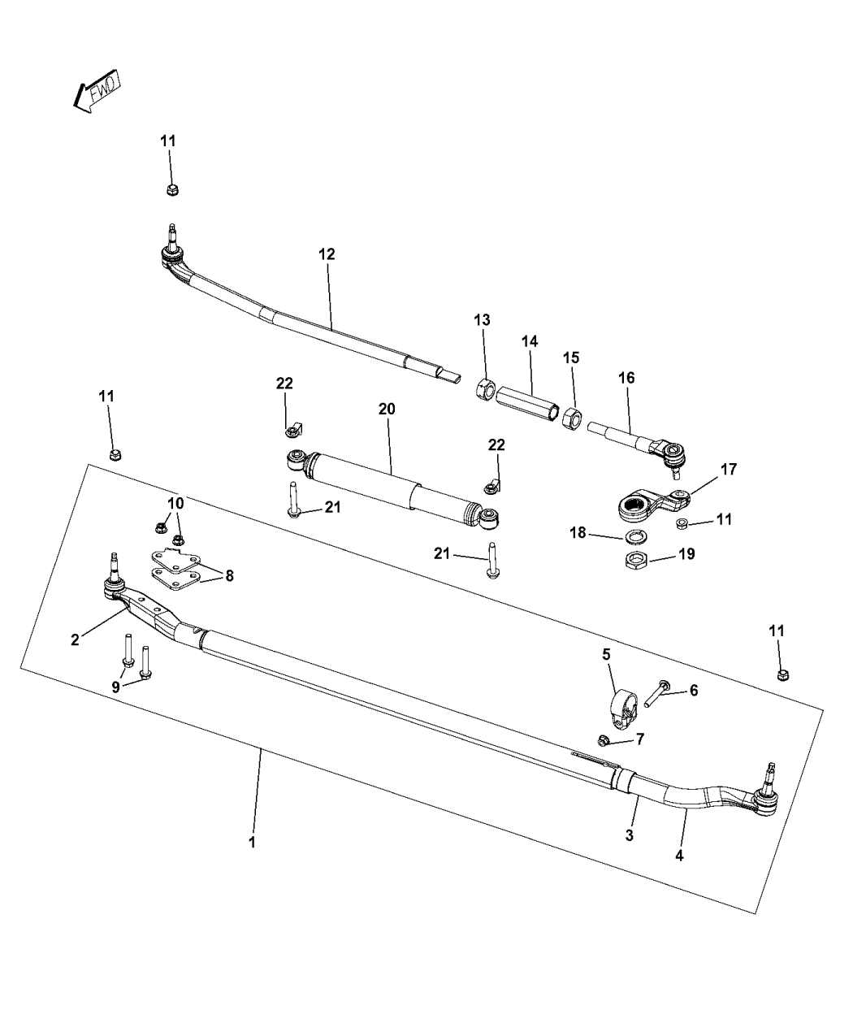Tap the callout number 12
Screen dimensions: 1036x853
coord(327,254)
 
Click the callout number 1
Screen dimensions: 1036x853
coord(252,843)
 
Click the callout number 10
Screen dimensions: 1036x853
coord(175,503)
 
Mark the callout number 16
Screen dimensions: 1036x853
coord(626,378)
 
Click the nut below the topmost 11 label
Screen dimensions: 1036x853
coord(171,190)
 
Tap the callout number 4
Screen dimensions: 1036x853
coord(680,855)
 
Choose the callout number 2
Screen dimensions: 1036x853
coord(75,639)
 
